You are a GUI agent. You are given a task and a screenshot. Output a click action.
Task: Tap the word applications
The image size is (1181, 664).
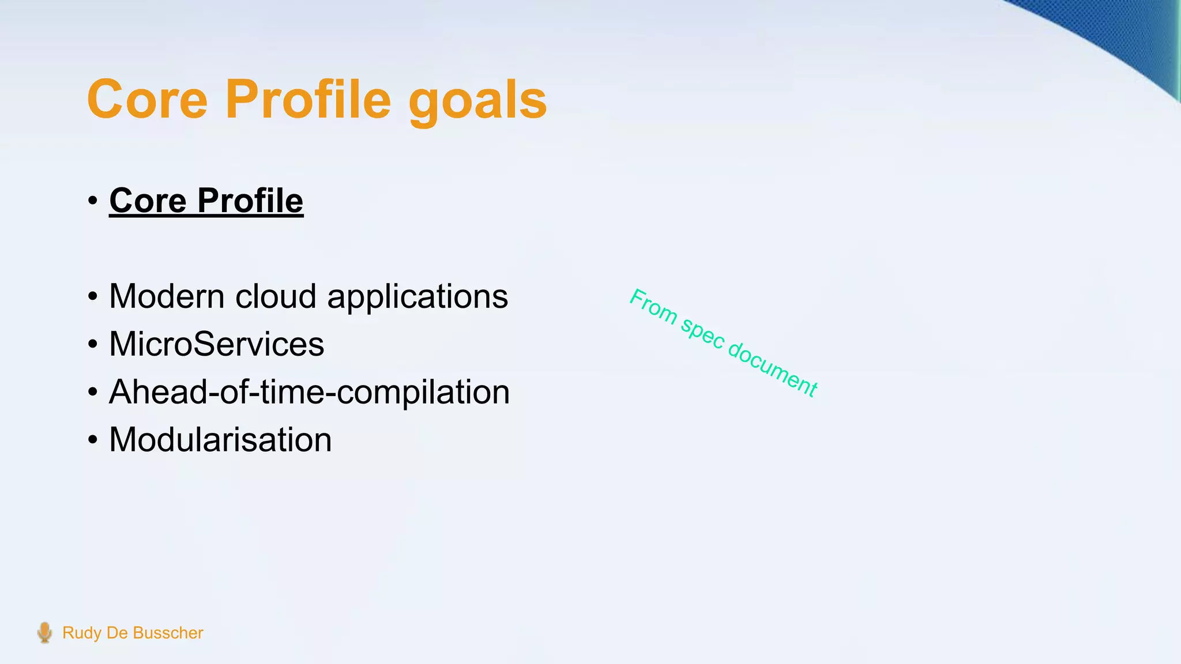pyautogui.click(x=418, y=297)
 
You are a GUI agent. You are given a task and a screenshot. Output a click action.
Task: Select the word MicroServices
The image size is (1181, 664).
pyautogui.click(x=216, y=344)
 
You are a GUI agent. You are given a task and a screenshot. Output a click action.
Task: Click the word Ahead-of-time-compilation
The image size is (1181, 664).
pyautogui.click(x=309, y=392)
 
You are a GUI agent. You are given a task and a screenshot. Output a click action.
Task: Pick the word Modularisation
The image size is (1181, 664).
pyautogui.click(x=220, y=440)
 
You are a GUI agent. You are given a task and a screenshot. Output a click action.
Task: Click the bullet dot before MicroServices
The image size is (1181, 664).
pyautogui.click(x=93, y=345)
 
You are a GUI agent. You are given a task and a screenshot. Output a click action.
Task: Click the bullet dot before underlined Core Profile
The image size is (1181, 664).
pyautogui.click(x=93, y=202)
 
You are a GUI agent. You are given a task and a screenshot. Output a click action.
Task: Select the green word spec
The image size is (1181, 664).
pyautogui.click(x=702, y=334)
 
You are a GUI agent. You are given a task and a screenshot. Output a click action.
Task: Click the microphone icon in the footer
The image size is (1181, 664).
pyautogui.click(x=44, y=632)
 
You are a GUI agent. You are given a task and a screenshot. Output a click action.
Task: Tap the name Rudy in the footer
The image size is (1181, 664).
pyautogui.click(x=82, y=633)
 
